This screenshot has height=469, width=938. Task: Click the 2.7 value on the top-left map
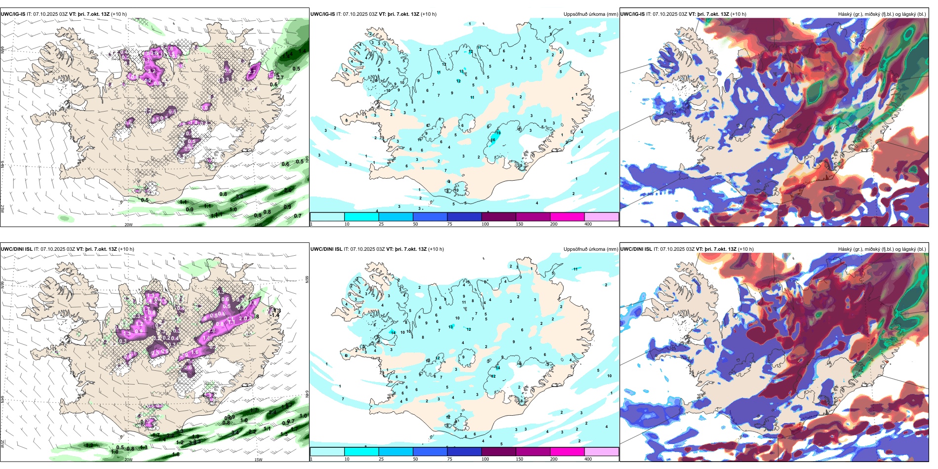[x=252, y=72]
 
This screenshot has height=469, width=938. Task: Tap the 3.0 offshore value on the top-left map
[x=240, y=196]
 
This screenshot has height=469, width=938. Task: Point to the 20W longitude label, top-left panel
[x=128, y=224]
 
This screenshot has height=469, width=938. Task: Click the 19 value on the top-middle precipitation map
[x=498, y=133]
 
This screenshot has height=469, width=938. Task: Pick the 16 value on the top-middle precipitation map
[x=493, y=140]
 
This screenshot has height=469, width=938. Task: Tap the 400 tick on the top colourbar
[x=588, y=224]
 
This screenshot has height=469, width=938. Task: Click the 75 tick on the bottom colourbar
[x=450, y=459]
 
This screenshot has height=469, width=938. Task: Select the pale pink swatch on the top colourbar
[x=601, y=217]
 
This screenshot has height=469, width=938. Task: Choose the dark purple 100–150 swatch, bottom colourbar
[x=498, y=452]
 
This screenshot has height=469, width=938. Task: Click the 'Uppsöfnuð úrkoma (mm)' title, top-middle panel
[x=590, y=14]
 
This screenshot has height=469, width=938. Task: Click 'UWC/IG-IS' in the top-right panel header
[x=632, y=14]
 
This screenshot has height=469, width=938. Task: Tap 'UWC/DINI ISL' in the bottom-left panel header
[x=17, y=249]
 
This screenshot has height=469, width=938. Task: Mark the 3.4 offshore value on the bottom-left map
[x=235, y=433]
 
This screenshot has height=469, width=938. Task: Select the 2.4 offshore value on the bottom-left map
[x=273, y=412]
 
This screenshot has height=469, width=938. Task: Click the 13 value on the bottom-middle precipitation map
[x=451, y=327]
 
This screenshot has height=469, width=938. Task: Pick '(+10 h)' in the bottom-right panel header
[x=746, y=249]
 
